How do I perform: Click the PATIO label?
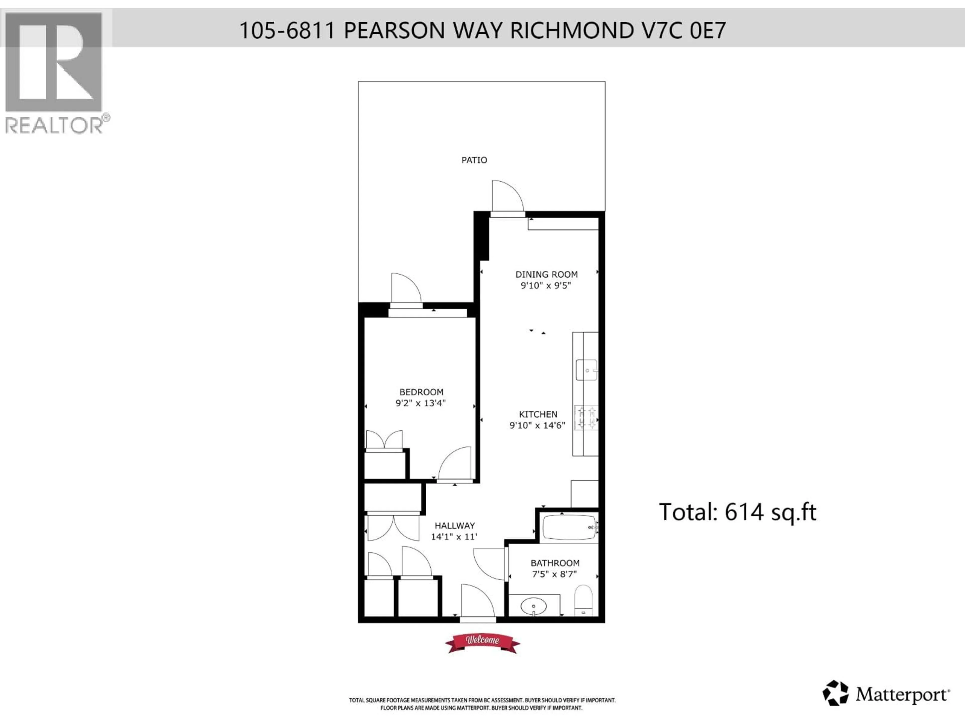pyautogui.click(x=474, y=160)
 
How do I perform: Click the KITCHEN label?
pyautogui.click(x=538, y=414)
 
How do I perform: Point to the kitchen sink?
pyautogui.click(x=586, y=370)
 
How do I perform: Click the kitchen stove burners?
pyautogui.click(x=586, y=418)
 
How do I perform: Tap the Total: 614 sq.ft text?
pyautogui.click(x=737, y=512)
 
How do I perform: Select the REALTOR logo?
pyautogui.click(x=55, y=72)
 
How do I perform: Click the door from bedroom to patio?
pyautogui.click(x=406, y=290)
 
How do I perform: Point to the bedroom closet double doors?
pyautogui.click(x=384, y=440)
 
